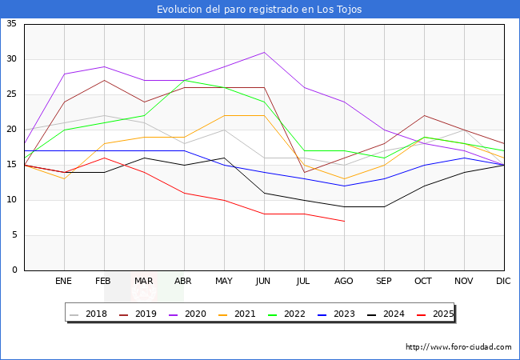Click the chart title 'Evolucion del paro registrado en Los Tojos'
[259, 10]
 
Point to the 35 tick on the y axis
[11, 24]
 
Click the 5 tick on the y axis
[14, 235]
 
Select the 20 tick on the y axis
[11, 130]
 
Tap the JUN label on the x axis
[264, 282]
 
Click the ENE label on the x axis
[64, 282]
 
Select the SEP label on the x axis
[384, 282]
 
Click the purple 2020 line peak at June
[264, 52]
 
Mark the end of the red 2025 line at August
[344, 221]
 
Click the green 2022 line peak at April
[184, 80]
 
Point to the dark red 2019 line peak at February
[104, 80]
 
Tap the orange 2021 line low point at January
[64, 178]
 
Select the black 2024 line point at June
[264, 193]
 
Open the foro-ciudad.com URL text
[458, 347]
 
